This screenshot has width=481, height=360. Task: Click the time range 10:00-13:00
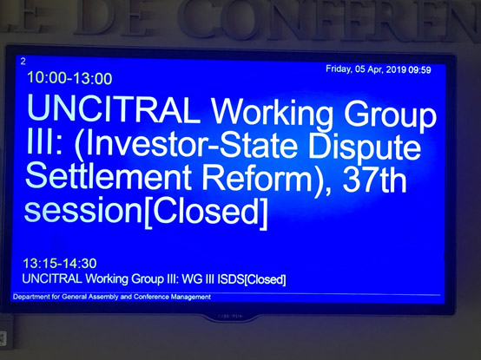point(69,78)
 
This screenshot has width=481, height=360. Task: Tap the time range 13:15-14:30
point(60,264)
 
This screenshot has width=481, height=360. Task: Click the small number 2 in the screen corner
point(23,62)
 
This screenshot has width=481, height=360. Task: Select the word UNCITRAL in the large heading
point(114,108)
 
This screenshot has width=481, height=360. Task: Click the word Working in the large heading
point(272,114)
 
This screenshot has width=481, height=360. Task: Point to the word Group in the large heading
point(390,115)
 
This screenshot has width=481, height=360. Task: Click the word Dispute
point(365,147)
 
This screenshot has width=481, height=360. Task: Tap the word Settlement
point(109,177)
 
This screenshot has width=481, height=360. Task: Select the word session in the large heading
point(83,211)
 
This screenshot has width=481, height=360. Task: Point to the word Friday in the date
point(339,69)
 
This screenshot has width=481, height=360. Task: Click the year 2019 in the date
point(396,69)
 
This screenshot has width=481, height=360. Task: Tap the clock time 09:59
point(419,70)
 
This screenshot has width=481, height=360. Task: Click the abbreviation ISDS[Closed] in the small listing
point(252,279)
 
